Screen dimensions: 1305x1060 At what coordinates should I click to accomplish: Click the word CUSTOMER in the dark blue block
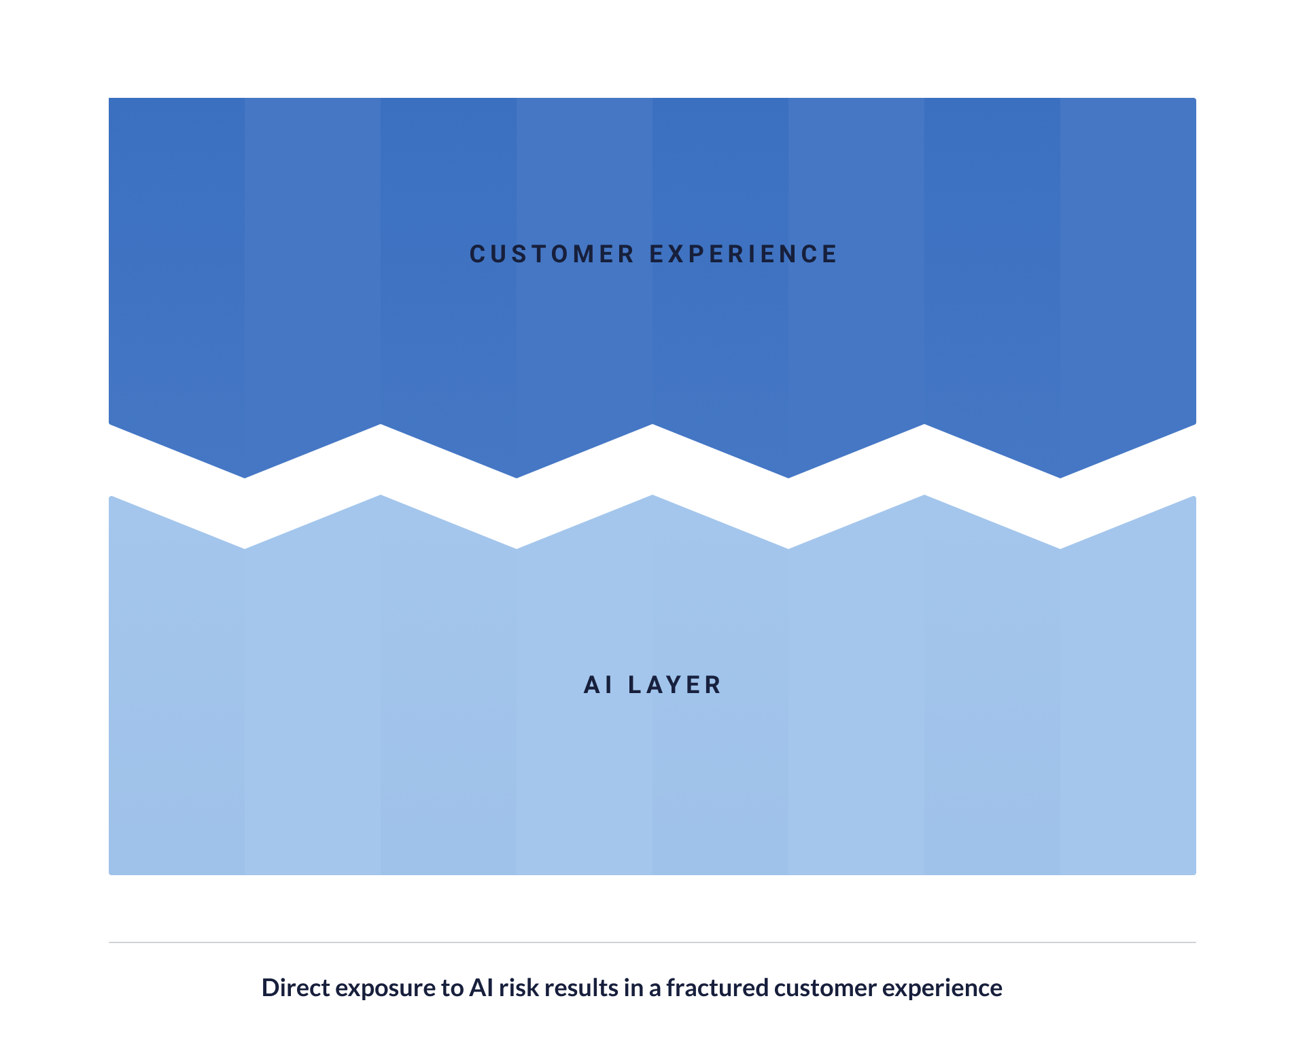pyautogui.click(x=551, y=254)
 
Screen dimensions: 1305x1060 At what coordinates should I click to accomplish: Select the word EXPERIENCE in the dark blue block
pyautogui.click(x=744, y=254)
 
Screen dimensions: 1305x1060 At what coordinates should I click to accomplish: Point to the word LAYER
pyautogui.click(x=674, y=685)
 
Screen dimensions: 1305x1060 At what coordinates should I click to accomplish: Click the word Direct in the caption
pyautogui.click(x=296, y=987)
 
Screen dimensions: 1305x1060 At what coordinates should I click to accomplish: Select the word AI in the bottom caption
pyautogui.click(x=481, y=987)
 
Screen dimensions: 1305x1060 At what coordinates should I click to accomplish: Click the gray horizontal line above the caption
pyautogui.click(x=652, y=942)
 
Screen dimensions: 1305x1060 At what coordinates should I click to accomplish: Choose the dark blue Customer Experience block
pyautogui.click(x=652, y=272)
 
